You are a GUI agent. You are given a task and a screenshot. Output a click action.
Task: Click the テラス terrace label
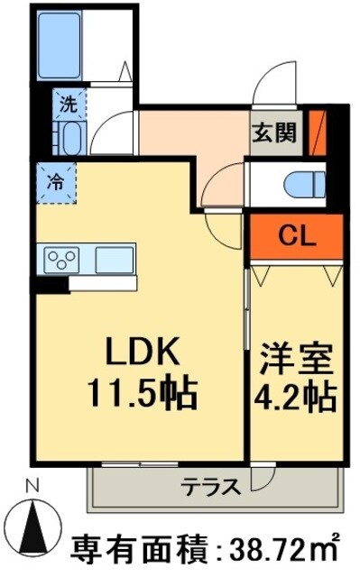[x=210, y=488]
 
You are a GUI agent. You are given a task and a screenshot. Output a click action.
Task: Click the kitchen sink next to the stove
[x=114, y=259]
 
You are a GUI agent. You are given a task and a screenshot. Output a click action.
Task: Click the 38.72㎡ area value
[x=288, y=546]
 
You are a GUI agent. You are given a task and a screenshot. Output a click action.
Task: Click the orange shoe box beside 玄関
[x=316, y=132]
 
